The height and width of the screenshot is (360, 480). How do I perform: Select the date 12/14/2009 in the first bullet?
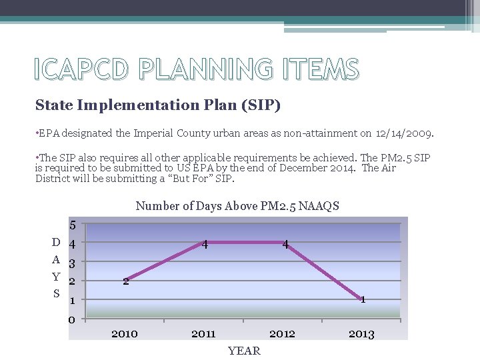(405, 133)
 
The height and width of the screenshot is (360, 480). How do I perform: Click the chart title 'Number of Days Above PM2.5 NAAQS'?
(237, 206)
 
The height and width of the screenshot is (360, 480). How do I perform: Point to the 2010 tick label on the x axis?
(125, 333)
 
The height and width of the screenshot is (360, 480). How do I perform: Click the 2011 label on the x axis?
(203, 333)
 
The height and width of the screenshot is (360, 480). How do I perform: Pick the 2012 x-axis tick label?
(282, 333)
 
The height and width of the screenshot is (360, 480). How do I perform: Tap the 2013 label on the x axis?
(361, 334)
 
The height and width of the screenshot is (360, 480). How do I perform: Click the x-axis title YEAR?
(244, 351)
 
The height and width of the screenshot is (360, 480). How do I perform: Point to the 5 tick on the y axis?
(73, 225)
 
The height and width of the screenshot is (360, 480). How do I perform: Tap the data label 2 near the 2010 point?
(125, 281)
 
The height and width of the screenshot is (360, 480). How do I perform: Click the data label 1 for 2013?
(363, 299)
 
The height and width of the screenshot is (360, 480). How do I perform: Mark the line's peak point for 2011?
(204, 242)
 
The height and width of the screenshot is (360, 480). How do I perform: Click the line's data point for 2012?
(283, 242)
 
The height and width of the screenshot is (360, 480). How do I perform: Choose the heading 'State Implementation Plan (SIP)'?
(158, 105)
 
